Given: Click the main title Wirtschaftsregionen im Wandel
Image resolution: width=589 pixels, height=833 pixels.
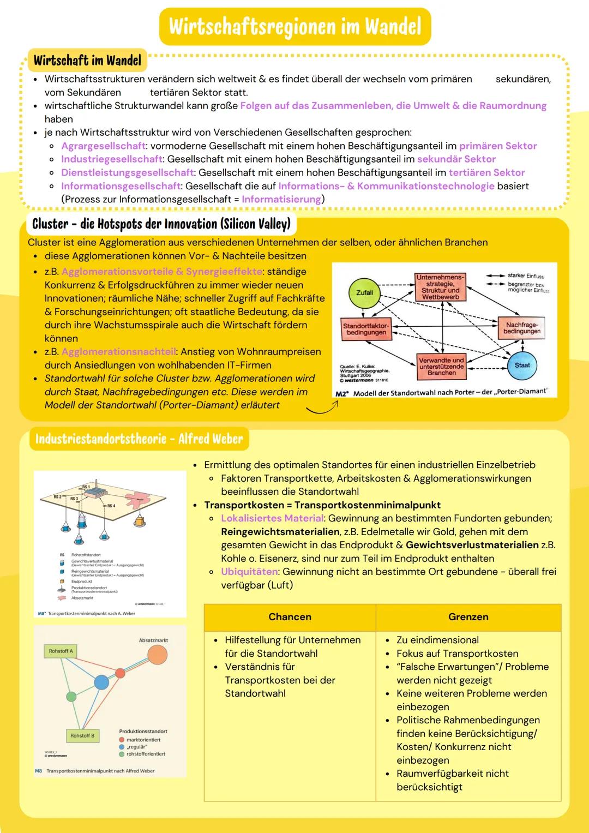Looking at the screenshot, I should click(295, 26).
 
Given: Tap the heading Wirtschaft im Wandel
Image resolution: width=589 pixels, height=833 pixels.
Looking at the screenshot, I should click(87, 61).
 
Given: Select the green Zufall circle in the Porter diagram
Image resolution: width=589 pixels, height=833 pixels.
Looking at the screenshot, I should click(364, 293).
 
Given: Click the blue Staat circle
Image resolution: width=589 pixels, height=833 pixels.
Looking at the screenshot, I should click(522, 365).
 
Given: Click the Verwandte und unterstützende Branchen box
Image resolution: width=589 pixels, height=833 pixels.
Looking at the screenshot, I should click(441, 366).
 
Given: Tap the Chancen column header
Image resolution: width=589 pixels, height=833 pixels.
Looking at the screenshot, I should click(290, 617).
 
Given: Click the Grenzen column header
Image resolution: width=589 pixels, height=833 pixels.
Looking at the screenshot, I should click(468, 617).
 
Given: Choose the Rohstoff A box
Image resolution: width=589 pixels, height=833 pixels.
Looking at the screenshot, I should click(61, 651).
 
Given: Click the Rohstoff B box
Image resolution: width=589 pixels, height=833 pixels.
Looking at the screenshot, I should click(82, 735).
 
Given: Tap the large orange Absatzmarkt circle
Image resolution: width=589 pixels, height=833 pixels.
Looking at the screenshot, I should click(158, 654).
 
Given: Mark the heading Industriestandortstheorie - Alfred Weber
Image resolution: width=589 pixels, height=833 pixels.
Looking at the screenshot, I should click(139, 439).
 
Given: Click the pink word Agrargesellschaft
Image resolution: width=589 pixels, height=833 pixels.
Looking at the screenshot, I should click(103, 146).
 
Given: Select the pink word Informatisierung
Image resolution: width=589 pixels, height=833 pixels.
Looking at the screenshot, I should click(281, 199).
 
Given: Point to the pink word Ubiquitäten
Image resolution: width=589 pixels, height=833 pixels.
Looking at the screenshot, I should click(249, 572).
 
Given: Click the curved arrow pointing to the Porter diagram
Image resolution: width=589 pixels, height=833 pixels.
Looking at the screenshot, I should click(322, 408).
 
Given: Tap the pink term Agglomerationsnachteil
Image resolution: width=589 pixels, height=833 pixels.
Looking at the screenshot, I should click(118, 352).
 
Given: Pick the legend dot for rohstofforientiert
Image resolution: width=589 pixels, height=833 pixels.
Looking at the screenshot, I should click(122, 754).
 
